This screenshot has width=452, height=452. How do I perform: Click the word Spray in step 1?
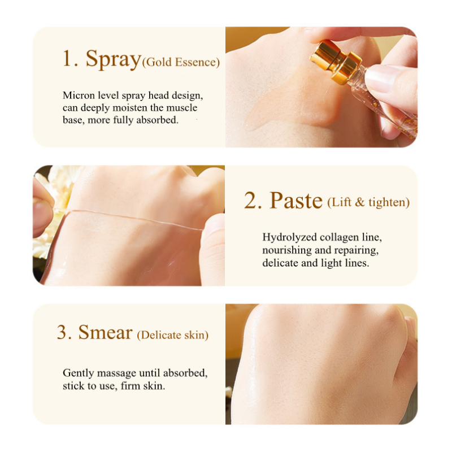point(112,59)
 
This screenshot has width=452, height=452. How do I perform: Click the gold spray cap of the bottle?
point(336,62)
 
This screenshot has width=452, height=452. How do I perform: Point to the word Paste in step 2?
point(295,201)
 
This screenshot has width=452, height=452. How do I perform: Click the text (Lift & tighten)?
point(368,202)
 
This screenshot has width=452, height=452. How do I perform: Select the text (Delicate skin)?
point(172,335)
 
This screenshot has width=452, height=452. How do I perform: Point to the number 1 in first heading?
point(69,59)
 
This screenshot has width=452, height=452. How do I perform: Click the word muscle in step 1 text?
point(181,108)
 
